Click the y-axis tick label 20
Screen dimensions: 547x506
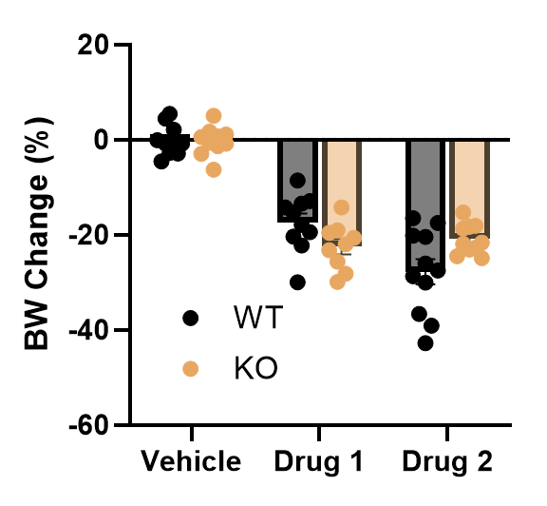(x=92, y=45)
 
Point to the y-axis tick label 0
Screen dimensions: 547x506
(x=101, y=140)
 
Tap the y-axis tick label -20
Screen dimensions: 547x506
(x=88, y=236)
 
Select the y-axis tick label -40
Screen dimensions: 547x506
(x=88, y=331)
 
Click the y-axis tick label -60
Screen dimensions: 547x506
(x=88, y=425)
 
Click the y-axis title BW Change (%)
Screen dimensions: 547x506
(x=39, y=233)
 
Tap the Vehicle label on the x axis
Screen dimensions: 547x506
(x=191, y=461)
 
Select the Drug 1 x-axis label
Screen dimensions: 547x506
(x=319, y=461)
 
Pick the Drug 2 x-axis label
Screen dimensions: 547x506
(x=447, y=461)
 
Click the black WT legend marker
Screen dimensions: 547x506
(x=191, y=318)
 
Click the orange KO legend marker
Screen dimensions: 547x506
(x=191, y=369)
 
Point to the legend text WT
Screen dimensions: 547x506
(x=257, y=318)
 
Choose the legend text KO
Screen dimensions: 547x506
(x=255, y=368)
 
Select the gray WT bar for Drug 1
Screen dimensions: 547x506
(x=297, y=181)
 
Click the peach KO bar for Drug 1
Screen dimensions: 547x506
(x=342, y=192)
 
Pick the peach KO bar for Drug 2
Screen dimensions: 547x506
(x=469, y=188)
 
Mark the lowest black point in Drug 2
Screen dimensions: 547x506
(x=425, y=343)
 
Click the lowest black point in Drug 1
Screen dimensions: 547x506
(x=297, y=282)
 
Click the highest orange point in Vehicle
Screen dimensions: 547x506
(x=214, y=116)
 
